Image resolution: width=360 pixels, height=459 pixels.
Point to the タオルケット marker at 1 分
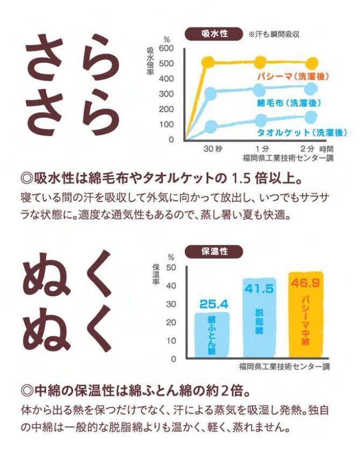(x=261, y=120)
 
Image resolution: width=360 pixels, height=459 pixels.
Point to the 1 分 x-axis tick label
(x=261, y=149)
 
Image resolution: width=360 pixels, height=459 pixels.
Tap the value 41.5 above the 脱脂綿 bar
(x=260, y=289)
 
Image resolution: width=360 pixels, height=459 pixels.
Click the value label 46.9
(x=305, y=281)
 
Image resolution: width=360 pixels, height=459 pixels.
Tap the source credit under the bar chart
(x=284, y=368)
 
